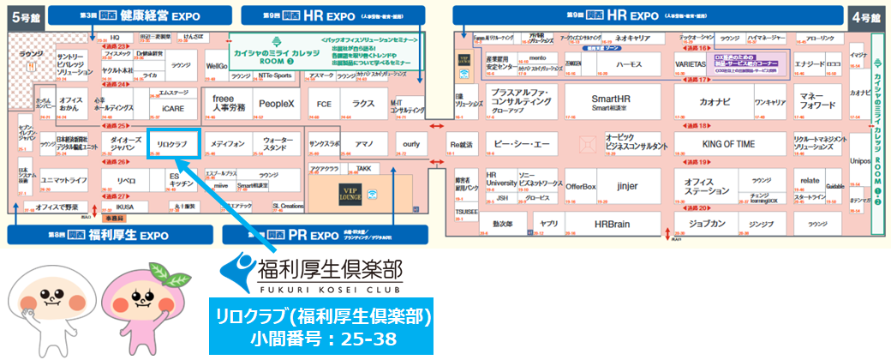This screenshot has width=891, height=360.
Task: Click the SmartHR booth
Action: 610,102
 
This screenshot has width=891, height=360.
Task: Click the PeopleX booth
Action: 276,104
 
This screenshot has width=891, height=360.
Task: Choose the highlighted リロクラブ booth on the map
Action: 174,142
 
